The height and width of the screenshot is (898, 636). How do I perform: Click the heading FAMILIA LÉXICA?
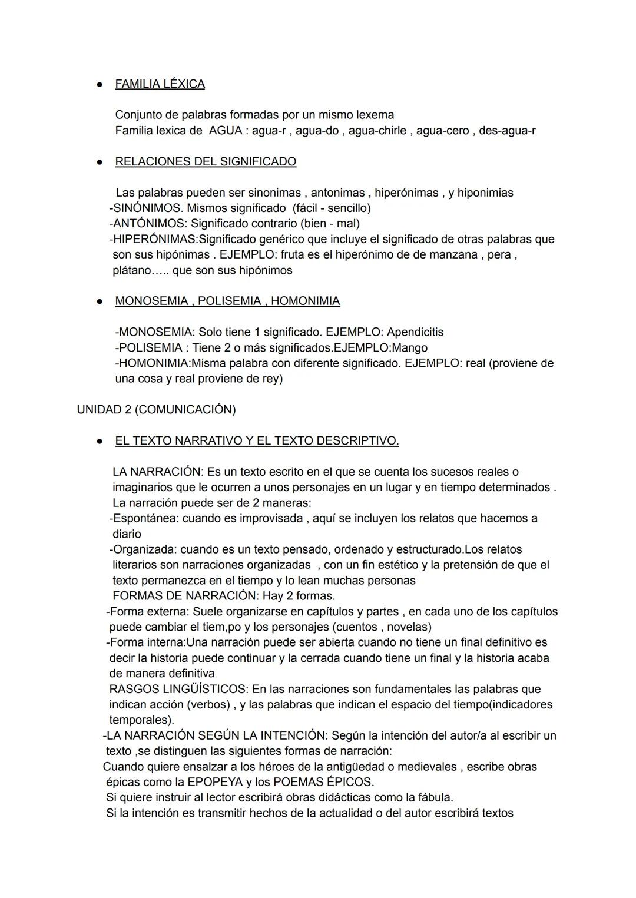point(160,84)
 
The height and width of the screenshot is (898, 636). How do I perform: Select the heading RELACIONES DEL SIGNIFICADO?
point(206,161)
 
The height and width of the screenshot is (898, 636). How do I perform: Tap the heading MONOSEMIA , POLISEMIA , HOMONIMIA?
point(227,301)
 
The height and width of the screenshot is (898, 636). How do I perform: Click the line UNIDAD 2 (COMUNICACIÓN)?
point(156,409)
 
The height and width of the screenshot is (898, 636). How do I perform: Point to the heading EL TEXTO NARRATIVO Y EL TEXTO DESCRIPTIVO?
point(257,440)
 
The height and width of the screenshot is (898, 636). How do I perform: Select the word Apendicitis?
point(415,332)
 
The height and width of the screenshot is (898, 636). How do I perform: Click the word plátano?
point(132,270)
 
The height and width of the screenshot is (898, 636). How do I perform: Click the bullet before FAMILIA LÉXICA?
point(100,85)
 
